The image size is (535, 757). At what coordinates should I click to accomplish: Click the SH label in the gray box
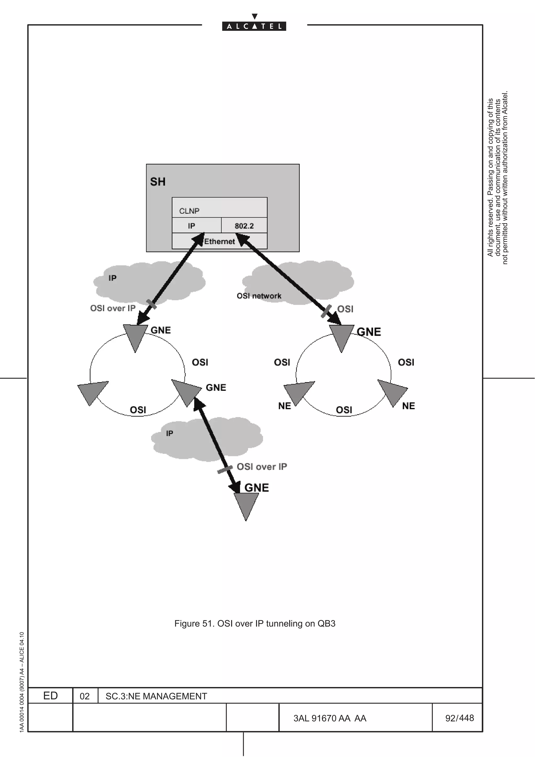point(158,182)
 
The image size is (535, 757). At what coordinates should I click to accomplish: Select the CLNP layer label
point(189,211)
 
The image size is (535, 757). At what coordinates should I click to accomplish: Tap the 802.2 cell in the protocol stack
point(244,226)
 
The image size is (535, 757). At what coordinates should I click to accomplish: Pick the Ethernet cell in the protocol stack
point(219,241)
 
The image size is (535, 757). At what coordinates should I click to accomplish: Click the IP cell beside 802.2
point(191,226)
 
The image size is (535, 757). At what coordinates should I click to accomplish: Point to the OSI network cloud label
point(259,296)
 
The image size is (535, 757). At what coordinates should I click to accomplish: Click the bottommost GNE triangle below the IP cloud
point(246,504)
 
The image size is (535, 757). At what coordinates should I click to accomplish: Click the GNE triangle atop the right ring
point(341,336)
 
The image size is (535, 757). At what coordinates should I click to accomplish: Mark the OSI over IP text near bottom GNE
point(262,467)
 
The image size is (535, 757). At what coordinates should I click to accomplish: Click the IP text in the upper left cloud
point(112,278)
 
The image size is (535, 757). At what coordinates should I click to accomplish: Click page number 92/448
point(459,718)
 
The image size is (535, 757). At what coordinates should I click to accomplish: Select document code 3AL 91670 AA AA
point(330,718)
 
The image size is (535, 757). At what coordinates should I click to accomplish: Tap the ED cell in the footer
point(50,696)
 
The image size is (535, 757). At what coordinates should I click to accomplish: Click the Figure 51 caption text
point(254,624)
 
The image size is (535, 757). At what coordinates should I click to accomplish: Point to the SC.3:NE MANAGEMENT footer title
point(156,696)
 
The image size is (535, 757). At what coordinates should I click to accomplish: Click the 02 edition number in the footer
point(85,696)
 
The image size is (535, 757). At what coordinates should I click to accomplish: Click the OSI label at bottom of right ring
point(344,410)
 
